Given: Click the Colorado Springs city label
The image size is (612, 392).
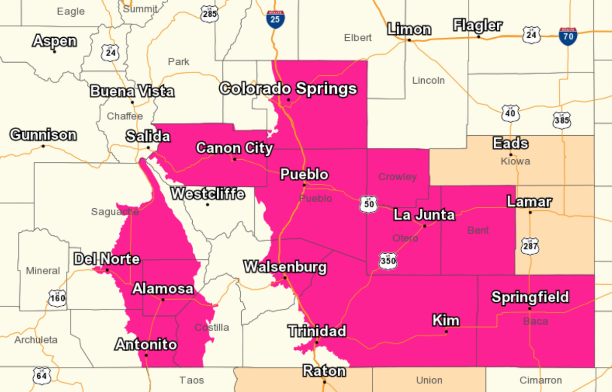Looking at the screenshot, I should point(288,88).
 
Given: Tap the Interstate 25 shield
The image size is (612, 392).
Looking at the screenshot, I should point(275,19).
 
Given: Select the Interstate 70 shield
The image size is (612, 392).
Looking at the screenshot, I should point(568,36).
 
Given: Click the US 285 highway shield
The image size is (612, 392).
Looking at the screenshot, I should point(210,14).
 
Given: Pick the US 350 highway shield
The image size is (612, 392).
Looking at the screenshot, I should point(388,261).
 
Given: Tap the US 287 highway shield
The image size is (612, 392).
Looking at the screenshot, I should point(530,246).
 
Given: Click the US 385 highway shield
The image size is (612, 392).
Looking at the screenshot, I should point(562,120).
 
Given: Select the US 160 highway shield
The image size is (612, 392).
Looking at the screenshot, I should point(58,298).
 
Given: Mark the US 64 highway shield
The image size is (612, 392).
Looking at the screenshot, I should point(41,376).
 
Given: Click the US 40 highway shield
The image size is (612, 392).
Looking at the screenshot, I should point(510,113).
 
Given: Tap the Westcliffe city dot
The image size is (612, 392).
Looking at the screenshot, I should point(208,205).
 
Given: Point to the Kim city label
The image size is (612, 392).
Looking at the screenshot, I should point(446,321).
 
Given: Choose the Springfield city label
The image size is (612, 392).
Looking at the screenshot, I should point(530,297).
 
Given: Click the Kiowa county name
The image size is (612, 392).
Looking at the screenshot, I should point(516,161).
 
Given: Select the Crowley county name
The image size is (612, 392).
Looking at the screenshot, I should point(397,177).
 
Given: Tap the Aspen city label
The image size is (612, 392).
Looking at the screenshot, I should point(55,41).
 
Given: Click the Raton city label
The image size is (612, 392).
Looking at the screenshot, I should point(324,371).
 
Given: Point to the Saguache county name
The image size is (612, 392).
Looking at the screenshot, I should point(115,211).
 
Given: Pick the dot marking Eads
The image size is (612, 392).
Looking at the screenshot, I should point(511,155).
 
